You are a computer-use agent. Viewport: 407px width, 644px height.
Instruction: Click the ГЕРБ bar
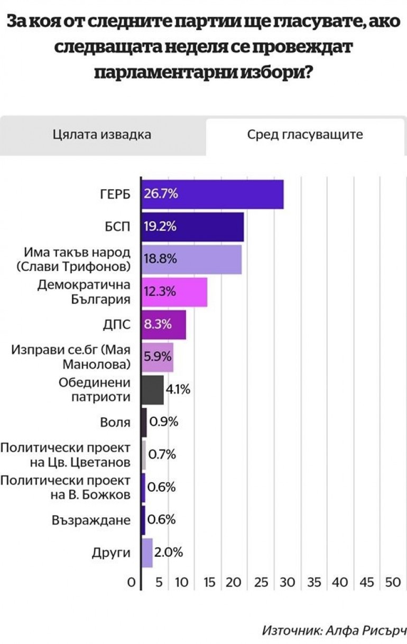212,194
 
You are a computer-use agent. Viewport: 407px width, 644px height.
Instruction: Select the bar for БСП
193,227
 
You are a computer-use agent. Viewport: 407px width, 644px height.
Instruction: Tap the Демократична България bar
174,292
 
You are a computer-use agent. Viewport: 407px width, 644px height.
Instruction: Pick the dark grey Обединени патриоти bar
153,390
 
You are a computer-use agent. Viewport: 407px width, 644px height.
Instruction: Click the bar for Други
147,553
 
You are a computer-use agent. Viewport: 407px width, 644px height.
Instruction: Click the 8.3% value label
158,324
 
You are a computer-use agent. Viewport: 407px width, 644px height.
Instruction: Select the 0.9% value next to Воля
163,422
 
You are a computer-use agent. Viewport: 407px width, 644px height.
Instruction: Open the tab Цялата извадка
102,134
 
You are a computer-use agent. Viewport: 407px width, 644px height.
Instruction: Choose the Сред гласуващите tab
305,134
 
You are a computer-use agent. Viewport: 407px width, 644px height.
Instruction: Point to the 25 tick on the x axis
261,583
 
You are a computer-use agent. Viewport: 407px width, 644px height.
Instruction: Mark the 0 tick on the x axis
131,583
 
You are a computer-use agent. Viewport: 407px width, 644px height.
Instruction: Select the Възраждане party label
91,520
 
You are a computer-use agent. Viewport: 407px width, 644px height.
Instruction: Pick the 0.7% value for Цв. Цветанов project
162,455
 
